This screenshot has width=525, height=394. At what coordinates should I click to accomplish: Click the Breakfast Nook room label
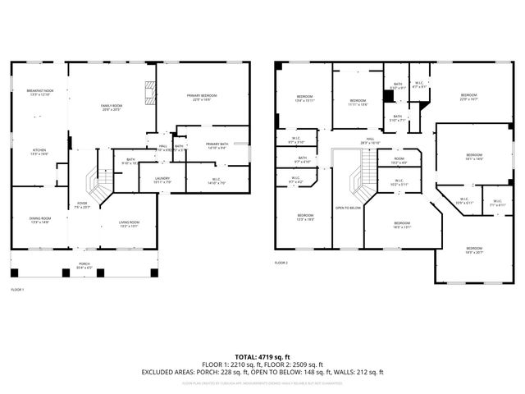pos(39,93)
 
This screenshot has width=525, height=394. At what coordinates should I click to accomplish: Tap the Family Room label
pos(111,108)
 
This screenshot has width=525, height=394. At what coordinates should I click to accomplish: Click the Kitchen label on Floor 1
pos(39,152)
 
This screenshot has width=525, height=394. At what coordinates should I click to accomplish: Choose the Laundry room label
pos(162,180)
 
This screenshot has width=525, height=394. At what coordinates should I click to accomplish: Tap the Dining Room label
pos(40,219)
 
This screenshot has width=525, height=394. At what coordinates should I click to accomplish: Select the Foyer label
pos(83,205)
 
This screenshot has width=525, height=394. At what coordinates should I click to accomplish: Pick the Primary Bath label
pos(217,145)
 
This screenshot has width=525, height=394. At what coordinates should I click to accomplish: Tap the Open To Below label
pos(348,208)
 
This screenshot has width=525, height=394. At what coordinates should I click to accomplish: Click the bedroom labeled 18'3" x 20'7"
pos(475,250)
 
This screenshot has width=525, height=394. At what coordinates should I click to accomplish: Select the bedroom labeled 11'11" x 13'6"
pos(358,103)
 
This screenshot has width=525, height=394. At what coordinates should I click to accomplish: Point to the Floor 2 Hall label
pos(370,140)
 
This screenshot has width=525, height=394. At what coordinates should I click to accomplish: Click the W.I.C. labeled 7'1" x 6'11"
pos(497,202)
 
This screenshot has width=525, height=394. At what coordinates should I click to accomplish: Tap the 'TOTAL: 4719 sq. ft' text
pos(262,356)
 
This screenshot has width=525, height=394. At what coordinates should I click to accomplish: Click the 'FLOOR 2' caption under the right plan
pos(281,263)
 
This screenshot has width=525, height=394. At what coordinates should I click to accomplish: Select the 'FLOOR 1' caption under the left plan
pos(17,290)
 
